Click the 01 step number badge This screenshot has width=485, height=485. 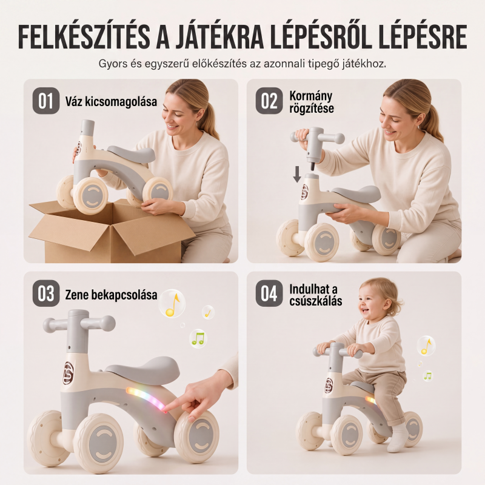tap(46, 101)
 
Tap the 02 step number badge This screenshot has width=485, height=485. tap(269, 101)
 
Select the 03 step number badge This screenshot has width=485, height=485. tap(46, 293)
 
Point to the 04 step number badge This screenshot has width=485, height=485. tap(269, 293)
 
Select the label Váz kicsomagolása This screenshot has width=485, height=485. tap(111, 101)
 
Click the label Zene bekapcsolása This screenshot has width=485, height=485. tap(111, 295)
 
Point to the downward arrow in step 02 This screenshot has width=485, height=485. tap(297, 174)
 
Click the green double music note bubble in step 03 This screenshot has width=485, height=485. tap(198, 339)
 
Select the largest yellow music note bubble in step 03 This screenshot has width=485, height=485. tap(172, 304)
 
